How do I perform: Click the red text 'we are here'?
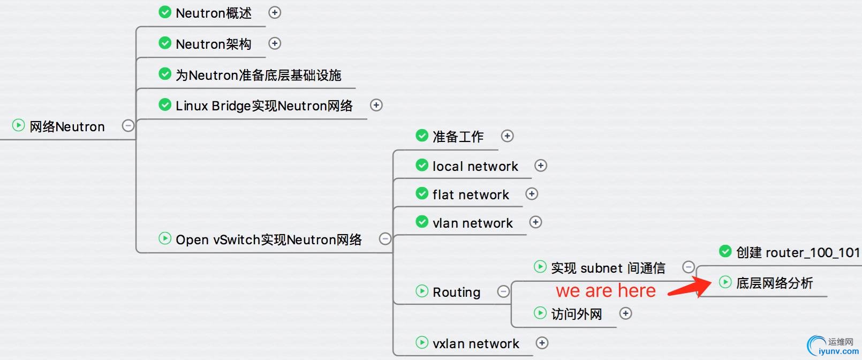[x=606, y=291]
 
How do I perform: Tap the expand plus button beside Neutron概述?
[x=275, y=12]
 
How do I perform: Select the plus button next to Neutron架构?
[x=275, y=43]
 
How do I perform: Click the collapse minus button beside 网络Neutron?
[x=128, y=125]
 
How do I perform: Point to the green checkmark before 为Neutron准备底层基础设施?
[x=165, y=74]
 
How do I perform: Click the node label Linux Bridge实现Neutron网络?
[x=264, y=106]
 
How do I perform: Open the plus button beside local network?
[x=541, y=166]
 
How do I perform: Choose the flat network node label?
[x=471, y=194]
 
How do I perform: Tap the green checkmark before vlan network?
[x=422, y=222]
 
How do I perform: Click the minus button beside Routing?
[x=503, y=291]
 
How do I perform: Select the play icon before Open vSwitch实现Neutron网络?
[x=165, y=238]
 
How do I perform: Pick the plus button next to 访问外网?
[x=625, y=313]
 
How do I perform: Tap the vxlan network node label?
[x=475, y=343]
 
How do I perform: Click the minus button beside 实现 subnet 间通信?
[x=689, y=267]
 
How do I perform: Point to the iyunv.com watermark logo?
[x=833, y=346]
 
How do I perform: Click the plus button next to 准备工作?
[x=507, y=136]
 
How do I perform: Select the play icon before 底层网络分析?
[x=725, y=282]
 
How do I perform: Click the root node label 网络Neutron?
[x=67, y=126]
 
